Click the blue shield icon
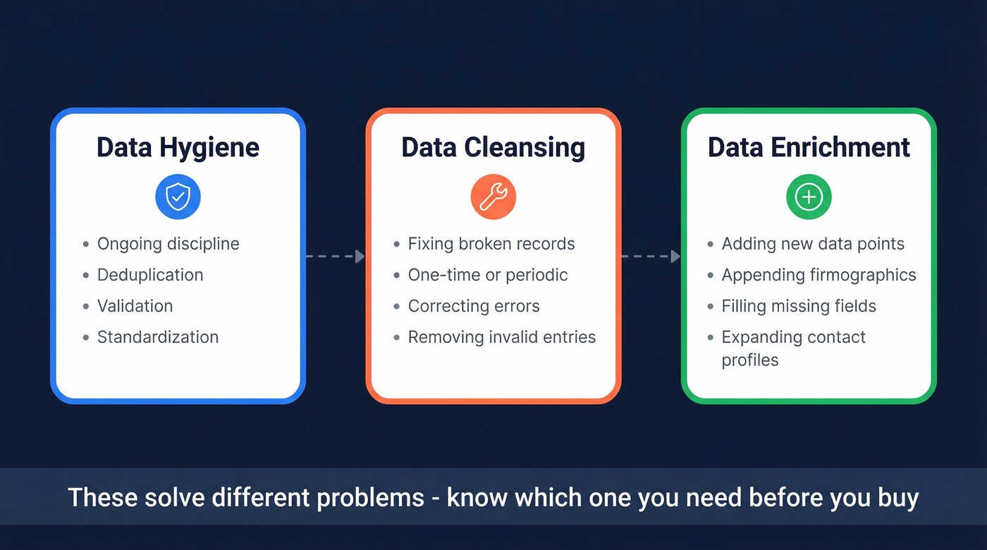[x=178, y=197]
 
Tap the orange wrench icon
[x=493, y=197]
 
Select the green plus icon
[x=809, y=197]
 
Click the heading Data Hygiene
[x=178, y=148]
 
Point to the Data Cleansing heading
[x=493, y=148]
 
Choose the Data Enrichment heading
[x=809, y=148]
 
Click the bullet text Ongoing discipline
[x=168, y=244]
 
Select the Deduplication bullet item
[x=150, y=275]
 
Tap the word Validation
[x=135, y=306]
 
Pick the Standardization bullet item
[x=158, y=337]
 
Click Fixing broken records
[x=491, y=244]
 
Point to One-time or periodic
[x=488, y=275]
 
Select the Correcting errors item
[x=474, y=306]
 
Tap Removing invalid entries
[x=502, y=337]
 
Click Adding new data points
[x=813, y=244]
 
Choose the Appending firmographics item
[x=819, y=275]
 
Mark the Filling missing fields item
[x=799, y=306]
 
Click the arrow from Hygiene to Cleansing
[x=336, y=256]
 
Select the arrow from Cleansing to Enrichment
[x=651, y=256]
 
